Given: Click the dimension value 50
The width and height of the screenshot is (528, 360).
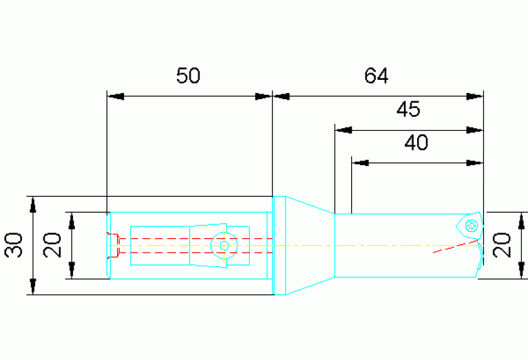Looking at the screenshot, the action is (x=188, y=76).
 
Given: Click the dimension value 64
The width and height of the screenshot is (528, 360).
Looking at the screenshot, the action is (x=376, y=76).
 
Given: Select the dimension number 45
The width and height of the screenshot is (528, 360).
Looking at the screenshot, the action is (x=408, y=109).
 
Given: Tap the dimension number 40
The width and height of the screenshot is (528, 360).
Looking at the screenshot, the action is (x=416, y=142).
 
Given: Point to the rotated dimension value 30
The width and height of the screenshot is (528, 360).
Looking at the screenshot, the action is (x=14, y=245).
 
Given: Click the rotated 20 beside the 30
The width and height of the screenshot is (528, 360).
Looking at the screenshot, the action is (x=52, y=245).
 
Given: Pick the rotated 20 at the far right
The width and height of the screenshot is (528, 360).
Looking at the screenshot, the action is (x=502, y=245).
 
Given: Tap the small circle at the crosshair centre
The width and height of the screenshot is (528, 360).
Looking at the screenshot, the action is (x=224, y=246).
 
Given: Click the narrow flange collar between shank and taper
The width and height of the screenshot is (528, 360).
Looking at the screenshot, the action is (x=279, y=246).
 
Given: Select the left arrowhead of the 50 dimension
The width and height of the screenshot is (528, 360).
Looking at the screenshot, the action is (x=116, y=96).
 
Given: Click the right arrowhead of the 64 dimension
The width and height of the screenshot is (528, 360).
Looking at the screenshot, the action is (x=475, y=96).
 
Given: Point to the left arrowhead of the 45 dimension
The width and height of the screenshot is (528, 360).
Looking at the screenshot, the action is (x=344, y=130).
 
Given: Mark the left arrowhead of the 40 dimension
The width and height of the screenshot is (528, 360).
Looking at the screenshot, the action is (x=360, y=163).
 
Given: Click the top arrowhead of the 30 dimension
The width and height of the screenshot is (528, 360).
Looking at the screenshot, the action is (x=32, y=204).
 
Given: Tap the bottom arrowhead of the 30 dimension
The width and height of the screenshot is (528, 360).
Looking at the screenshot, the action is (x=32, y=286).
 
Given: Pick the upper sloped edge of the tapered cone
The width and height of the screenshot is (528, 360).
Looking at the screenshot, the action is (x=310, y=204).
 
